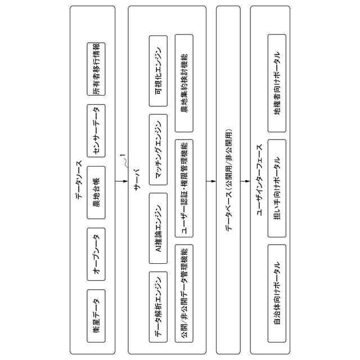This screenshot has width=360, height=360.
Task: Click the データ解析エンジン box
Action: pyautogui.click(x=157, y=307)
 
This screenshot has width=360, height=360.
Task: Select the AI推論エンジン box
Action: pyautogui.click(x=157, y=228)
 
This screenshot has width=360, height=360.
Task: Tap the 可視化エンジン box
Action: pyautogui.click(x=157, y=71)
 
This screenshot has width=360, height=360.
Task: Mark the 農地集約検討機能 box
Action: pyautogui.click(x=185, y=82)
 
